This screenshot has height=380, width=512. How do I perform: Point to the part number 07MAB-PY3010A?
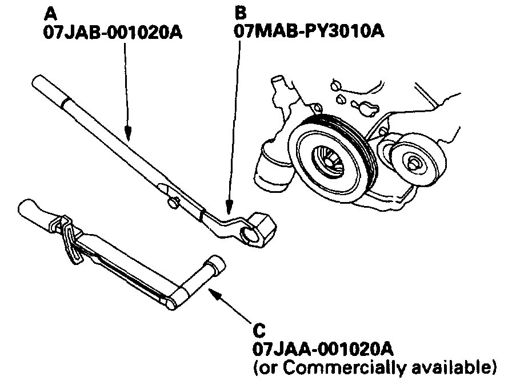coord(309,30)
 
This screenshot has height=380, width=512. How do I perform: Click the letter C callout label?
coord(258,331)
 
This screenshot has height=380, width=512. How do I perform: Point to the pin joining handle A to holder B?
coord(173,201)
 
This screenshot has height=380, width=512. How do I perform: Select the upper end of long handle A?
coord(40,84)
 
